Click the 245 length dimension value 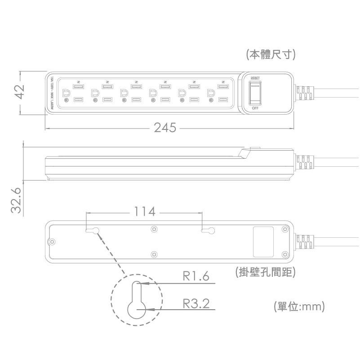(165, 128)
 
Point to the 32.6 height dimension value (17, 200)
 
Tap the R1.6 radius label (196, 276)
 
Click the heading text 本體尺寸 (270, 55)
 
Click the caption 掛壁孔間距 (265, 272)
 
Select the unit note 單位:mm (299, 307)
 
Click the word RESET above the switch (255, 78)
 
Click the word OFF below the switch (255, 108)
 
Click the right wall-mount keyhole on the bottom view (208, 231)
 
